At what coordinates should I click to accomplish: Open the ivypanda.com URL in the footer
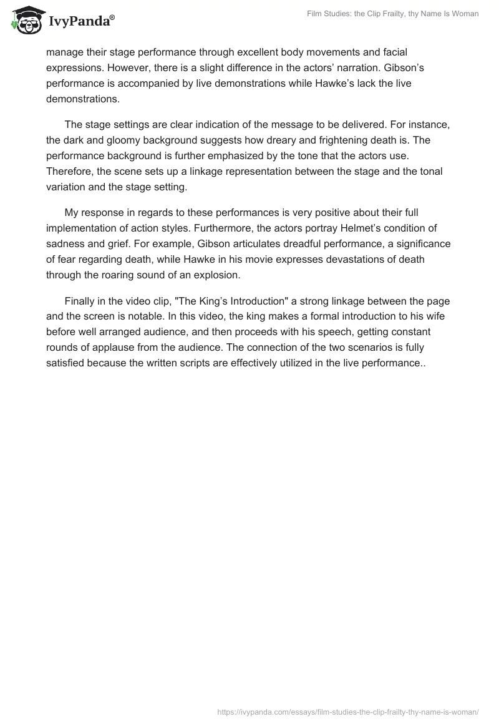point(348,711)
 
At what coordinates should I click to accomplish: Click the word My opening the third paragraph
point(72,213)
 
